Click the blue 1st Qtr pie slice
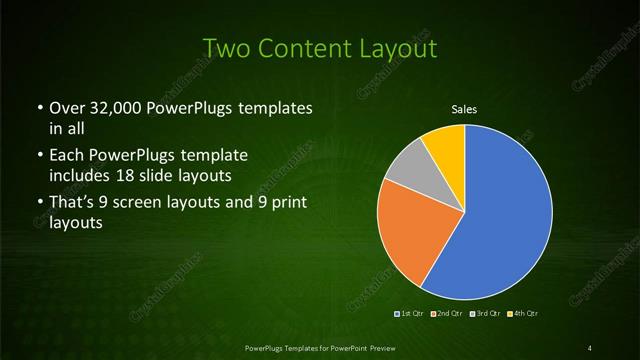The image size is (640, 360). [x=500, y=210]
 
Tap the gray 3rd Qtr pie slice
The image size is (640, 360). [x=408, y=172]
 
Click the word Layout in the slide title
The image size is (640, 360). [x=398, y=48]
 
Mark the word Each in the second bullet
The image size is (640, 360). [x=66, y=157]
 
